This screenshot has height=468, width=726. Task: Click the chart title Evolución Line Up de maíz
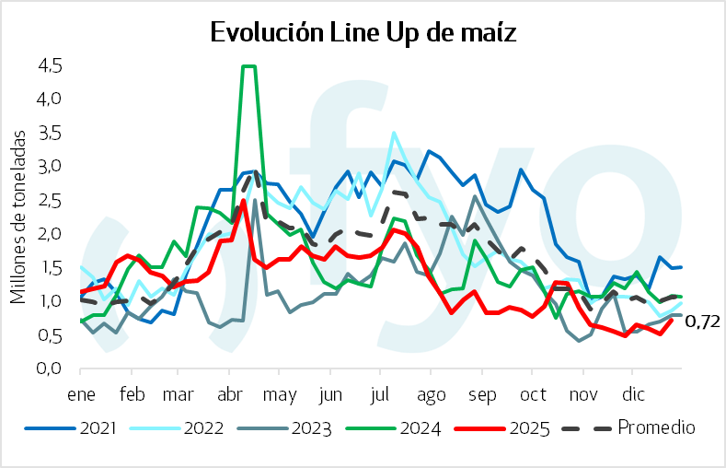tap(363, 33)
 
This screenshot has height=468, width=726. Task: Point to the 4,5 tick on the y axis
tap(50, 65)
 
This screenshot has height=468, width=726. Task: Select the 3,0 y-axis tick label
tap(50, 167)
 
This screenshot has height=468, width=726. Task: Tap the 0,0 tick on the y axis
tap(50, 369)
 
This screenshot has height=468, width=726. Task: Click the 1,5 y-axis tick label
tap(50, 267)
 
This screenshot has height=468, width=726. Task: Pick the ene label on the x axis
tap(80, 393)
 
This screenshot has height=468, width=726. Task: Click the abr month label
tap(227, 393)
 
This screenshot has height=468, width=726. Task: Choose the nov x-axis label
tap(582, 393)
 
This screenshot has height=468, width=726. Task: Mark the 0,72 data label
tap(701, 321)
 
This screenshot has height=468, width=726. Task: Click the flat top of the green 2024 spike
tap(248, 66)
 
